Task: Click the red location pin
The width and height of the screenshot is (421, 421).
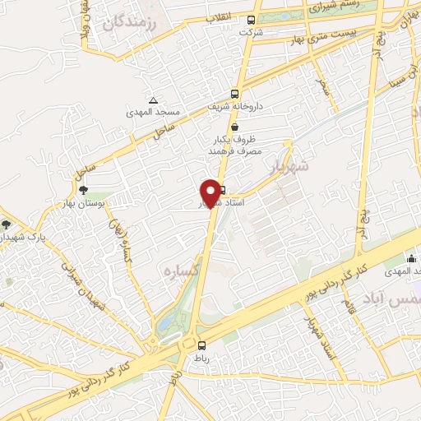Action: click(x=213, y=193)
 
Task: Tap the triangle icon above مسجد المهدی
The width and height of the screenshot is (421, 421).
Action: click(x=153, y=99)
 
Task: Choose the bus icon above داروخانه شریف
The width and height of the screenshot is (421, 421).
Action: click(x=236, y=93)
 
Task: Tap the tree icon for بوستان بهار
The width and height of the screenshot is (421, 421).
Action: click(x=83, y=191)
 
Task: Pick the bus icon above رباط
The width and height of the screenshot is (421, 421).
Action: click(x=202, y=345)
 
